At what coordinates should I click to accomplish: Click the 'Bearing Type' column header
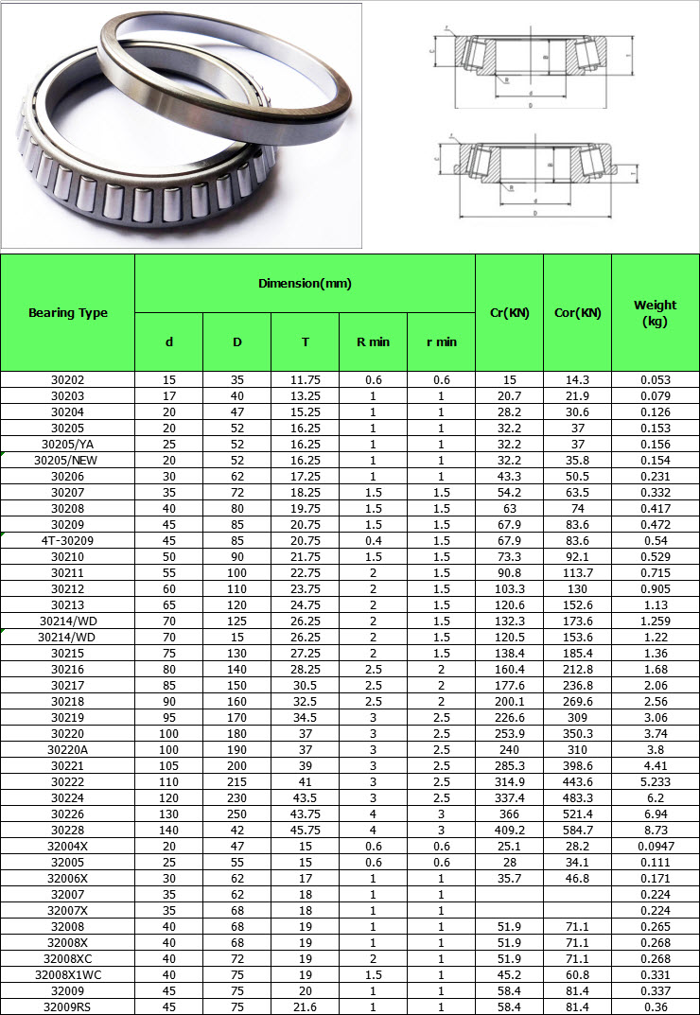click(68, 313)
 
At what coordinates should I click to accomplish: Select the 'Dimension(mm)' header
click(305, 283)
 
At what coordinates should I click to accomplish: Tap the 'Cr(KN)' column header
click(508, 313)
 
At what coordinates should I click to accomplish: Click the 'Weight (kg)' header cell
click(656, 312)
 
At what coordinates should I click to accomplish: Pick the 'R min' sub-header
click(373, 341)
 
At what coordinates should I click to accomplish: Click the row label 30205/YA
click(68, 444)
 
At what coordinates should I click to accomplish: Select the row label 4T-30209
click(68, 540)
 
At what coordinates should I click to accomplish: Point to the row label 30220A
click(68, 749)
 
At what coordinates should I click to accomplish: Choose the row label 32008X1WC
click(68, 974)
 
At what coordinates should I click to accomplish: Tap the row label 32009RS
click(68, 1006)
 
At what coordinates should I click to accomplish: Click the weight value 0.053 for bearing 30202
click(656, 379)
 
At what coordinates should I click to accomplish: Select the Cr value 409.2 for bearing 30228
click(508, 830)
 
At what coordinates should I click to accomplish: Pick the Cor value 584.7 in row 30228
click(577, 830)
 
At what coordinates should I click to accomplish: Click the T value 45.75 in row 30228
click(305, 830)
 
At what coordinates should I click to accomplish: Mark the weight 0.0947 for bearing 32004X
click(656, 846)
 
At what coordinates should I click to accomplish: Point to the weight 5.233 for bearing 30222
click(656, 781)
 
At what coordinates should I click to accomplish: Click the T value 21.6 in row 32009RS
click(305, 1006)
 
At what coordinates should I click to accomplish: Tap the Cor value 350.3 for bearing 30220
click(577, 733)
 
